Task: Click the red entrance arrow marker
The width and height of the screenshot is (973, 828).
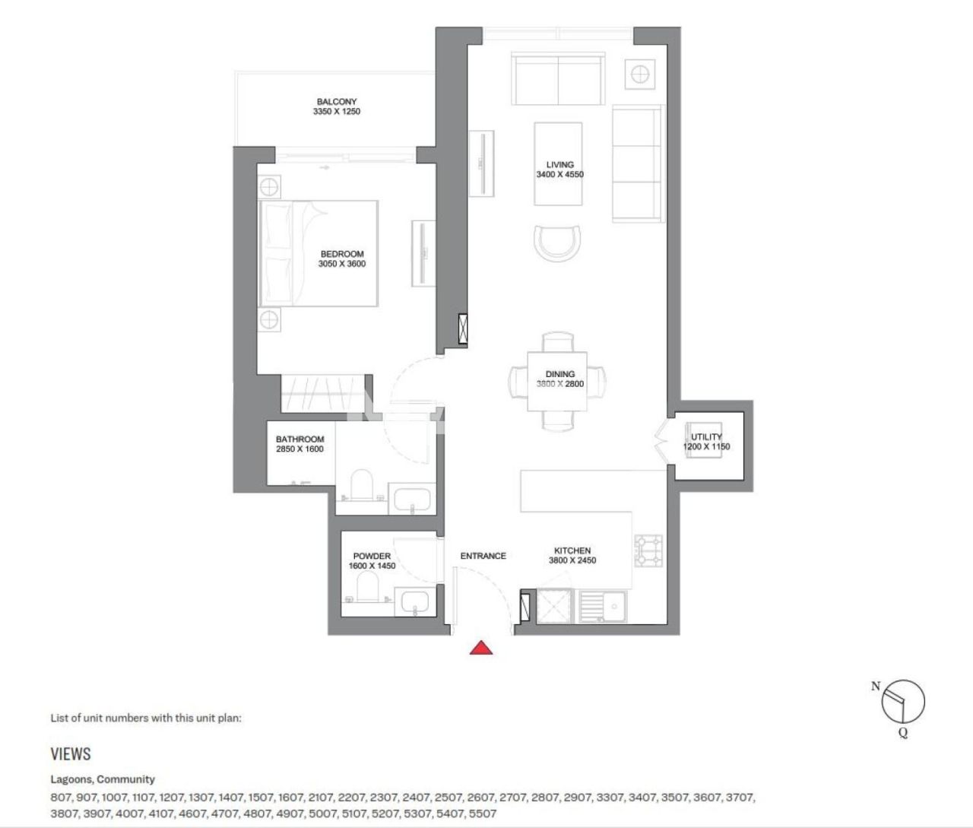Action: pyautogui.click(x=480, y=648)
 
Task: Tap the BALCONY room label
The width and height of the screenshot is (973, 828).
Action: pyautogui.click(x=336, y=102)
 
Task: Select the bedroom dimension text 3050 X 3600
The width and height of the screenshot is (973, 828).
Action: pyautogui.click(x=341, y=264)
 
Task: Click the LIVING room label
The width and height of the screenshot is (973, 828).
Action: pyautogui.click(x=559, y=164)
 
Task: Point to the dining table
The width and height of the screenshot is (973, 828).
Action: pyautogui.click(x=557, y=380)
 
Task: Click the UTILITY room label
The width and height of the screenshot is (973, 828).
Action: pyautogui.click(x=706, y=436)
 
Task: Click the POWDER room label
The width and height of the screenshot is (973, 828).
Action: pyautogui.click(x=372, y=556)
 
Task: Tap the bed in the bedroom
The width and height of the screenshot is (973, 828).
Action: pyautogui.click(x=319, y=253)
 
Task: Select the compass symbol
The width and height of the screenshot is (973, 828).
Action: pyautogui.click(x=903, y=701)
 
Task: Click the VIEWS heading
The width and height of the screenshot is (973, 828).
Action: pyautogui.click(x=71, y=753)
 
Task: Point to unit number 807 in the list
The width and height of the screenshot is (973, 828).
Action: pyautogui.click(x=61, y=798)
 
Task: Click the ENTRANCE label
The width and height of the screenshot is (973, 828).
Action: pyautogui.click(x=483, y=556)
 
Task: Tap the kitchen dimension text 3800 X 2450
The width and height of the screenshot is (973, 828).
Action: pyautogui.click(x=572, y=560)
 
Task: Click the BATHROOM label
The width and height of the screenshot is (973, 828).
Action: pyautogui.click(x=300, y=439)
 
